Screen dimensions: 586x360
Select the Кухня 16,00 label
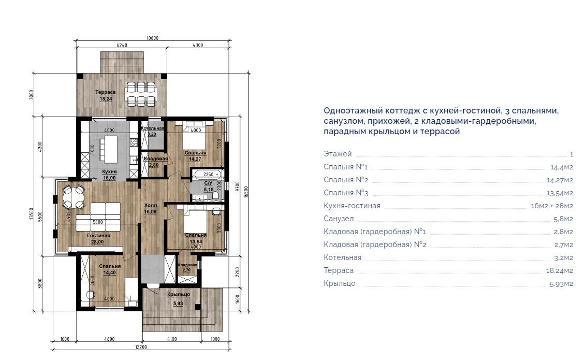point(110,175)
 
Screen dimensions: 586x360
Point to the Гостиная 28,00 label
point(98,239)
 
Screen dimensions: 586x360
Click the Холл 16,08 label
point(150,209)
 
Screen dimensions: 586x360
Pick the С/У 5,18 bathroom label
point(209,186)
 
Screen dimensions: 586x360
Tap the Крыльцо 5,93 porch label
point(179,299)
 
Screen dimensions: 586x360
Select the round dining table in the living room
point(73,196)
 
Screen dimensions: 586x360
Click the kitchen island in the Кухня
point(110,149)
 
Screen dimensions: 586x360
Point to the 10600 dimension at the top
point(153,38)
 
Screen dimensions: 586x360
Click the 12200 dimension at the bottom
point(141,347)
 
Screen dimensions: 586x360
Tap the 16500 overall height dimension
point(246,192)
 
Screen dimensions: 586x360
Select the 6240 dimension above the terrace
point(122,45)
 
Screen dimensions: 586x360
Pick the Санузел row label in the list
point(339,219)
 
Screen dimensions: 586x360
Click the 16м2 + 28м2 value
point(552,206)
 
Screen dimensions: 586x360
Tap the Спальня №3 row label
point(346,193)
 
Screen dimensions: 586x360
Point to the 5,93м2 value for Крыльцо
point(561,284)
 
